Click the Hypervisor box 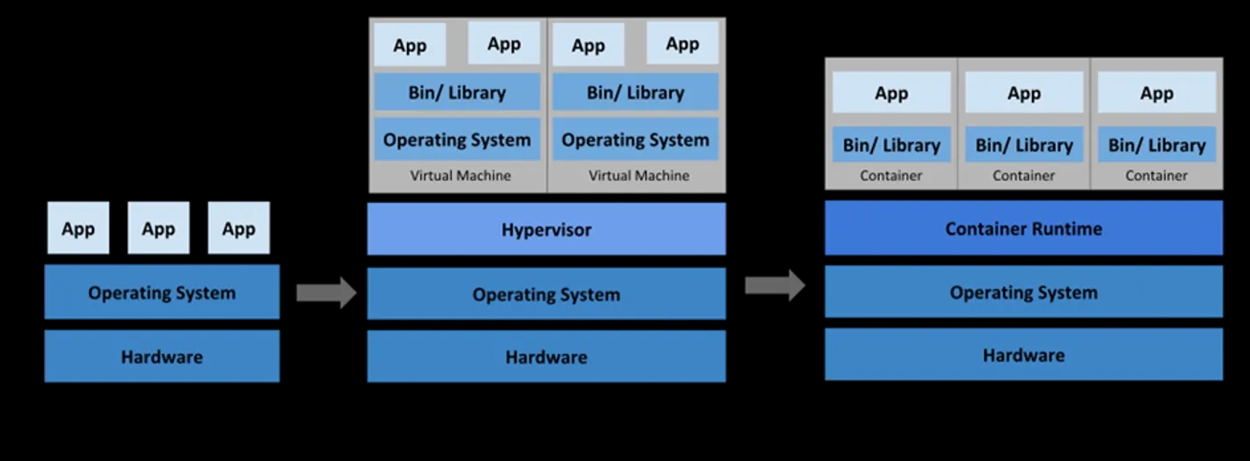[x=546, y=230]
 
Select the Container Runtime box [x=1023, y=228]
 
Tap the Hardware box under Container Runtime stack [x=1023, y=355]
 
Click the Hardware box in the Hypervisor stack [x=546, y=357]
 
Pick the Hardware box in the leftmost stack [x=162, y=357]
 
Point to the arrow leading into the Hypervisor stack [x=326, y=292]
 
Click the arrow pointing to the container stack [x=774, y=285]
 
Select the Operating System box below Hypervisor [x=546, y=294]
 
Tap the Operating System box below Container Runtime [x=1023, y=292]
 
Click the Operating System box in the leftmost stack [x=162, y=292]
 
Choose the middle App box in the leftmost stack [x=158, y=229]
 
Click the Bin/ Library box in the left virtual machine [x=456, y=93]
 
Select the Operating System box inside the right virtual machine [x=635, y=140]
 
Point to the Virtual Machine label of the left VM [x=460, y=176]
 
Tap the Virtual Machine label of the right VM [x=638, y=176]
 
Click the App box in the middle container [x=1024, y=93]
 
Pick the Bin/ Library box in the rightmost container [x=1156, y=145]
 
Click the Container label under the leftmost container [x=891, y=176]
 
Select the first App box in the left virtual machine [x=410, y=45]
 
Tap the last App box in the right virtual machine [x=681, y=43]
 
